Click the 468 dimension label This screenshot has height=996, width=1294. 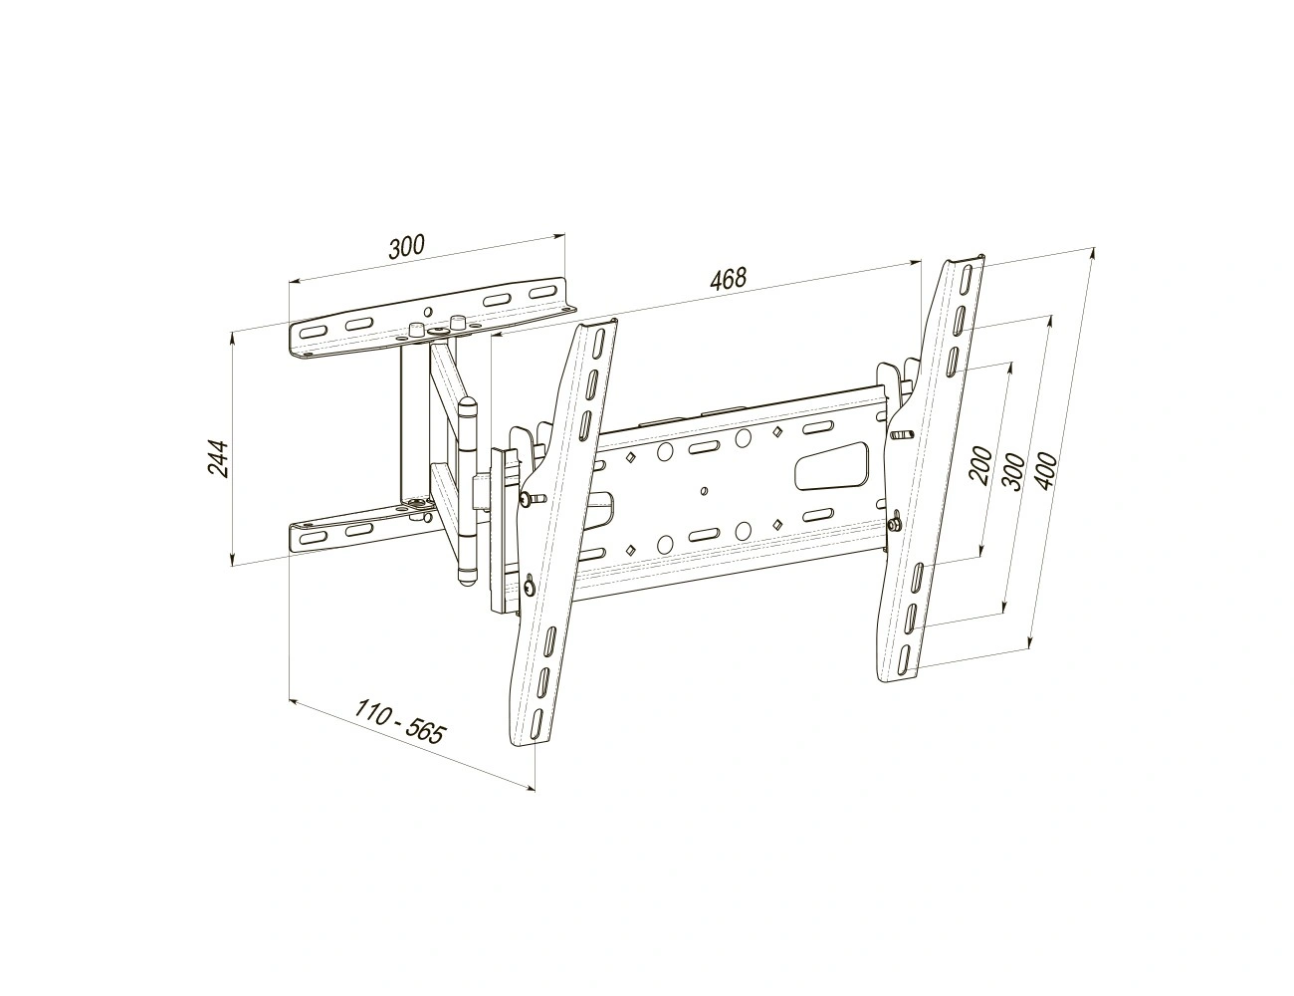[728, 278]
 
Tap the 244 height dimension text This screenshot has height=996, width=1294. [217, 459]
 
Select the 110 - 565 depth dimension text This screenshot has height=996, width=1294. [399, 721]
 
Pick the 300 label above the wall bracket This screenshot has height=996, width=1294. [407, 247]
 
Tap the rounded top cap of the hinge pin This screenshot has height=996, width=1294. [467, 407]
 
